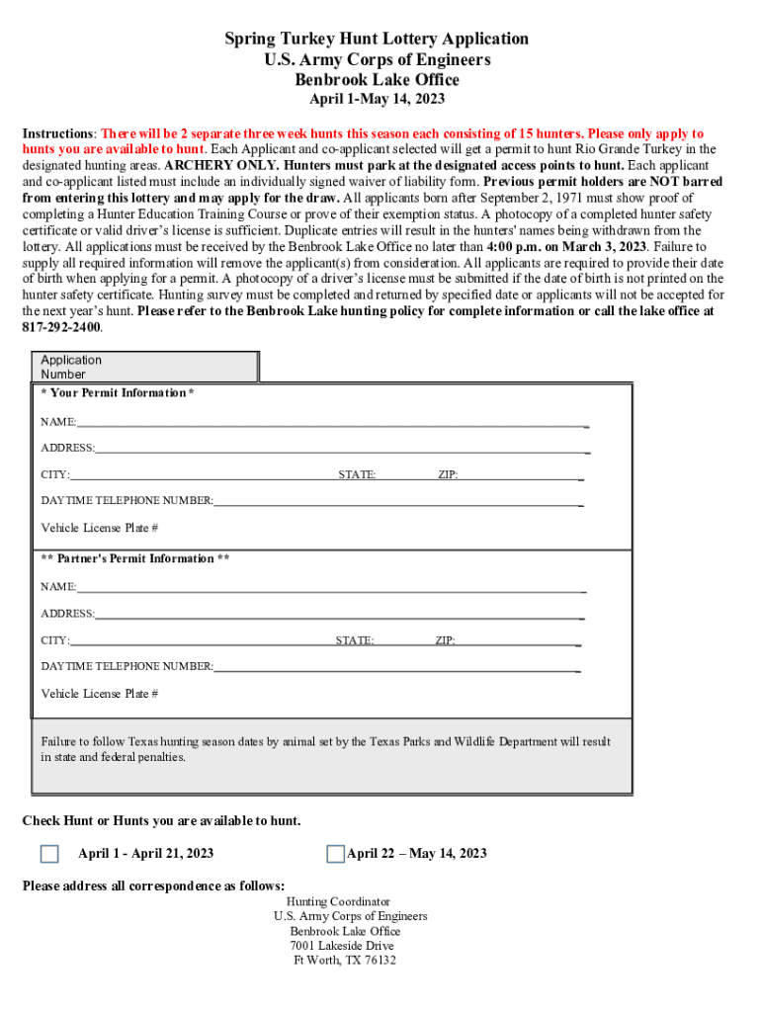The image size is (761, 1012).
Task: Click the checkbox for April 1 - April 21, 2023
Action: coord(49,854)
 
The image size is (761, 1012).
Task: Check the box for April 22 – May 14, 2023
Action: coord(336,854)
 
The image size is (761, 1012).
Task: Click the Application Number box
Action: coord(145,367)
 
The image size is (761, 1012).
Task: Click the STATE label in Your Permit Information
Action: coord(357,475)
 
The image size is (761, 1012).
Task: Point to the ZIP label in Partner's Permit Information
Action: coord(445,640)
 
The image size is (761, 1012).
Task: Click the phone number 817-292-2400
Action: coord(61,327)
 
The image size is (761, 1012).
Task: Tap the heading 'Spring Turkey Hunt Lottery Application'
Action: coord(377,39)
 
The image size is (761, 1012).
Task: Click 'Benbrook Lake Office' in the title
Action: coord(377,80)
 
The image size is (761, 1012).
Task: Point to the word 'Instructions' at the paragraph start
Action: coord(58,133)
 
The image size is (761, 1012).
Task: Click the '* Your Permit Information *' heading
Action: coord(117,393)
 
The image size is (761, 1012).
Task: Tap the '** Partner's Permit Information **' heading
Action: coord(135,559)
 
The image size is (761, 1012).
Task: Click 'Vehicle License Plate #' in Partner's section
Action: coord(99,694)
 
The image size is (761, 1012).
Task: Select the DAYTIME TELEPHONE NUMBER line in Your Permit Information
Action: coord(395,501)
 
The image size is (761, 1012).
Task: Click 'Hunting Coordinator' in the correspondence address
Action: coord(338,902)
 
